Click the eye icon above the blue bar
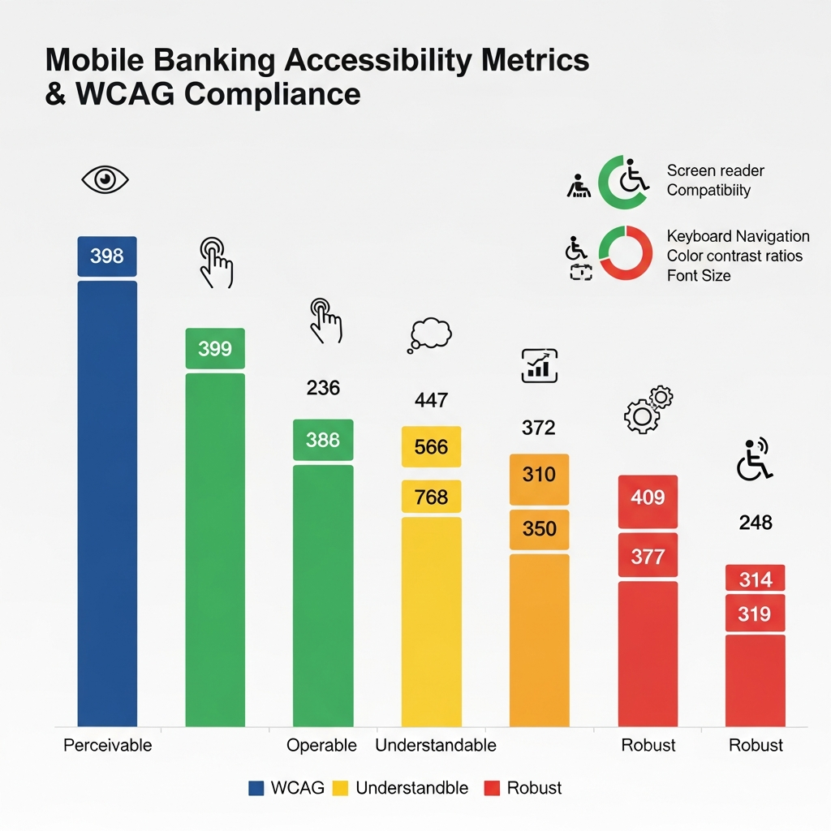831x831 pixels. click(106, 180)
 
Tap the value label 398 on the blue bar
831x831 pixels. click(106, 256)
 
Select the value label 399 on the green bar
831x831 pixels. click(215, 349)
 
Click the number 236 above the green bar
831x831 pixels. click(323, 388)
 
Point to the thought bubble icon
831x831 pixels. click(429, 334)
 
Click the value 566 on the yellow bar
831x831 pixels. click(431, 447)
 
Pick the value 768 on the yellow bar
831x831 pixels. click(431, 496)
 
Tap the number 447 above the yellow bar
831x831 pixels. click(431, 400)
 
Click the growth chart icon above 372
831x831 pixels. click(539, 365)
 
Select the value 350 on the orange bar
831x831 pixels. click(539, 529)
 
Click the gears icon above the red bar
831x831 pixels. click(648, 410)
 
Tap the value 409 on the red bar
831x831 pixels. click(648, 497)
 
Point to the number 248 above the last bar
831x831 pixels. click(756, 523)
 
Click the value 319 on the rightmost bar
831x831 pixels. click(755, 614)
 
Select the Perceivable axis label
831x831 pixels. click(107, 745)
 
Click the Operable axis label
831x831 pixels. click(322, 745)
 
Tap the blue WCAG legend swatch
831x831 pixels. click(256, 788)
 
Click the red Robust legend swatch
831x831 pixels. click(491, 788)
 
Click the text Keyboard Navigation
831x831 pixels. click(738, 236)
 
